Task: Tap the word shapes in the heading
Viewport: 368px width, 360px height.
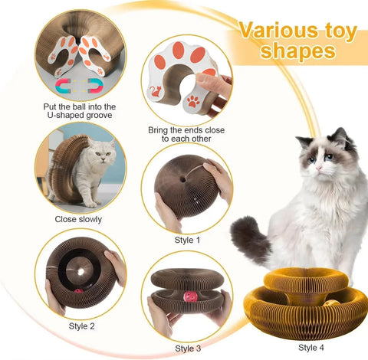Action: [298, 52]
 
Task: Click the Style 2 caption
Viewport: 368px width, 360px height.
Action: [80, 325]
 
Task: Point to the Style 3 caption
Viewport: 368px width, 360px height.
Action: [187, 349]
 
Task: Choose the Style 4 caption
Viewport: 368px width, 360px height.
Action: [311, 347]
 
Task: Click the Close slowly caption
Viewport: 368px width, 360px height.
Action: [80, 219]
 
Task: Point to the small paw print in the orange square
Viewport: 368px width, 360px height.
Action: [192, 101]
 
